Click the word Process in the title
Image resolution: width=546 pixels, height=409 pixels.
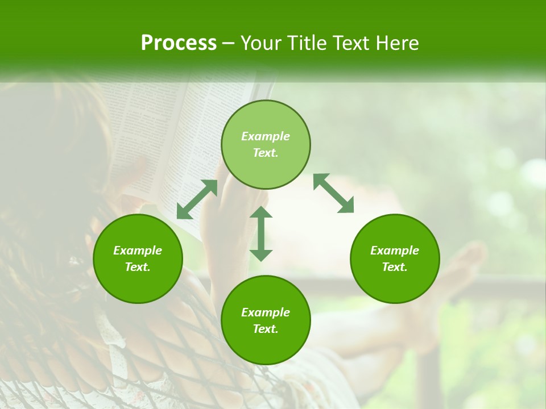[179, 43]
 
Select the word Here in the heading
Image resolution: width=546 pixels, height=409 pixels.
[398, 43]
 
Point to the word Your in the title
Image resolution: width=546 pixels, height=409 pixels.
[261, 43]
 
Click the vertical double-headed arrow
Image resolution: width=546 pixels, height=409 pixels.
[261, 233]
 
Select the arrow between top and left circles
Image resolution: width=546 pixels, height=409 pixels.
[197, 199]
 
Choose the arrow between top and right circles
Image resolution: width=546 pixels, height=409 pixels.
[333, 193]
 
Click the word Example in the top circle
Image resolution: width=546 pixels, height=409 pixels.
[266, 136]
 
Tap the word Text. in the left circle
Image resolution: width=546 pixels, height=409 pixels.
[138, 267]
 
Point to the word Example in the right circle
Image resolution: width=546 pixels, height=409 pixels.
[395, 251]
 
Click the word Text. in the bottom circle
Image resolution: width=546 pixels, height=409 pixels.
[266, 329]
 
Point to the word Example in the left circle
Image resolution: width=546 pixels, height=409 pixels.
[138, 251]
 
